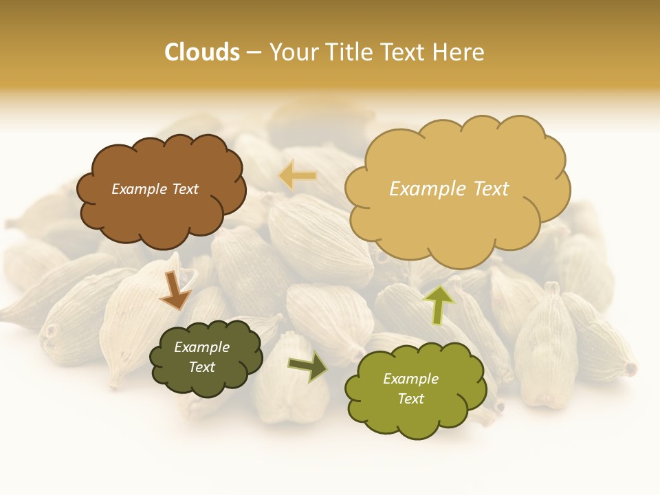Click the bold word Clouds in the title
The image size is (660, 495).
202,52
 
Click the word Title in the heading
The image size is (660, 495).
349,52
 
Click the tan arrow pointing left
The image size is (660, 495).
298,176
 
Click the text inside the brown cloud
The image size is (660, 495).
155,189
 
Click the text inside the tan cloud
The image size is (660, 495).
449,189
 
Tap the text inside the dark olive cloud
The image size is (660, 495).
201,357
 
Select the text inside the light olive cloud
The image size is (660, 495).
410,388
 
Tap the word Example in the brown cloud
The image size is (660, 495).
136,189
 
